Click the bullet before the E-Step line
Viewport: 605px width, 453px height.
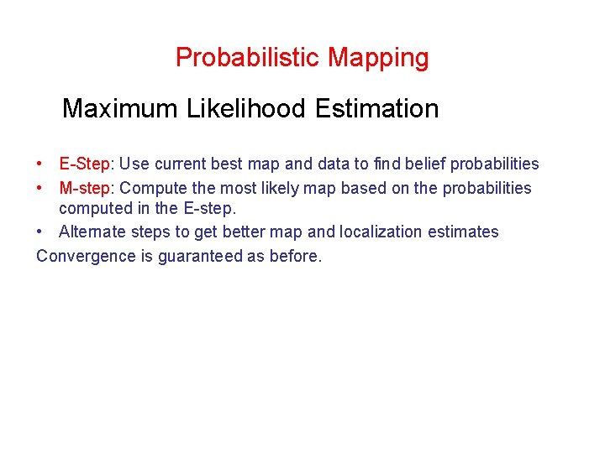[40, 164]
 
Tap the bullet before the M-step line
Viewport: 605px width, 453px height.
[40, 188]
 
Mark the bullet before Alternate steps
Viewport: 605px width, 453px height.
[40, 232]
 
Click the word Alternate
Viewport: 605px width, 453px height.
[91, 232]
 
